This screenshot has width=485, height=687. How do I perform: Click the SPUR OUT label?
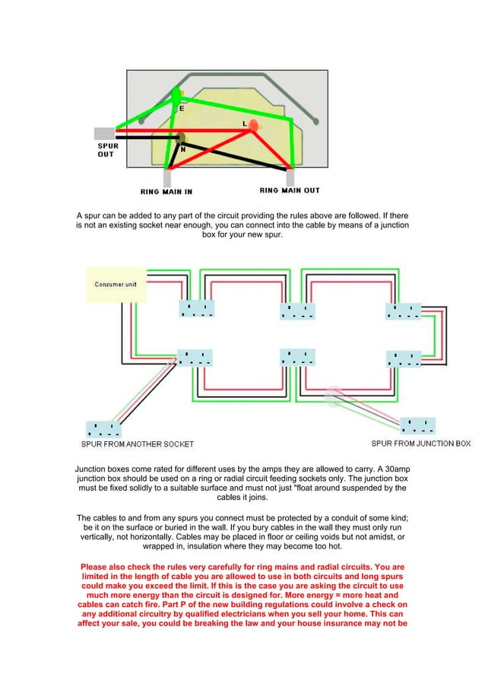click(106, 149)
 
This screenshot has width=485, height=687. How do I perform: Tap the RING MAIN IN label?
click(166, 191)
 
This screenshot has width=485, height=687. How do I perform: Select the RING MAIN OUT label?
click(290, 190)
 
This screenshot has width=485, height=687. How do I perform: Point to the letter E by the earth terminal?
click(181, 108)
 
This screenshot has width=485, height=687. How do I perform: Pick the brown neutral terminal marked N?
click(181, 138)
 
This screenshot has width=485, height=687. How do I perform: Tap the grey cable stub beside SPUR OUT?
click(105, 133)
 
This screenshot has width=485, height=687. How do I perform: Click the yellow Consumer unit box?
click(116, 285)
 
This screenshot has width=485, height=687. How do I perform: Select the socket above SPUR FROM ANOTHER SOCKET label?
click(104, 428)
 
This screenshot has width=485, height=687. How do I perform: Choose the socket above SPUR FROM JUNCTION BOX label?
click(418, 425)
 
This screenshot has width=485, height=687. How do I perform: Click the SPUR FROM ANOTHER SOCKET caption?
click(138, 444)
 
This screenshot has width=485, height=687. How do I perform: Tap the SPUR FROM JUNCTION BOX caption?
click(421, 443)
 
